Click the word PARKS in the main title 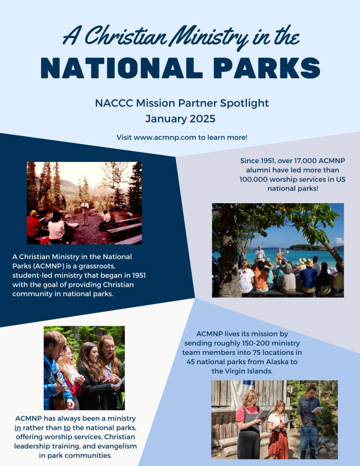[x=257, y=68]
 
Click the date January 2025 [x=179, y=119]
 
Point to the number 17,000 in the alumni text [x=296, y=161]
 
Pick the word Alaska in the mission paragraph [x=286, y=362]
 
